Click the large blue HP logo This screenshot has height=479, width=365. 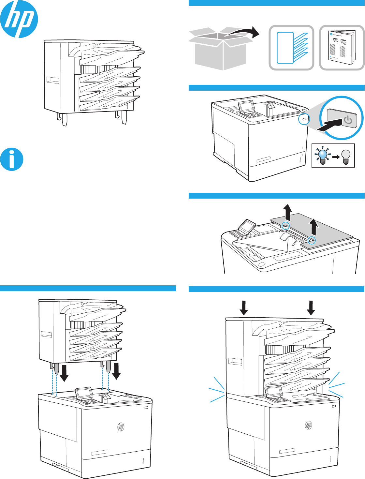19,19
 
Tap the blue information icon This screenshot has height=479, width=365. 12,159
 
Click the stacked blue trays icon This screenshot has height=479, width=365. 291,48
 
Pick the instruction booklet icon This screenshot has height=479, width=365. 342,48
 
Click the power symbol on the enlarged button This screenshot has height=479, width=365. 348,120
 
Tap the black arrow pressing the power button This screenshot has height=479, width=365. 329,126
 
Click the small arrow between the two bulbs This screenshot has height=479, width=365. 335,157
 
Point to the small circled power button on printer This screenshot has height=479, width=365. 304,119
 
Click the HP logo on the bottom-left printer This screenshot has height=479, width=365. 121,427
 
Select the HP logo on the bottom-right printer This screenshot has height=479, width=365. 308,425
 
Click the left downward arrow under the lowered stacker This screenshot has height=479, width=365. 65,373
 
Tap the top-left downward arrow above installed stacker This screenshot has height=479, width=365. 243,307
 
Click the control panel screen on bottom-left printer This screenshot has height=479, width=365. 84,393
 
